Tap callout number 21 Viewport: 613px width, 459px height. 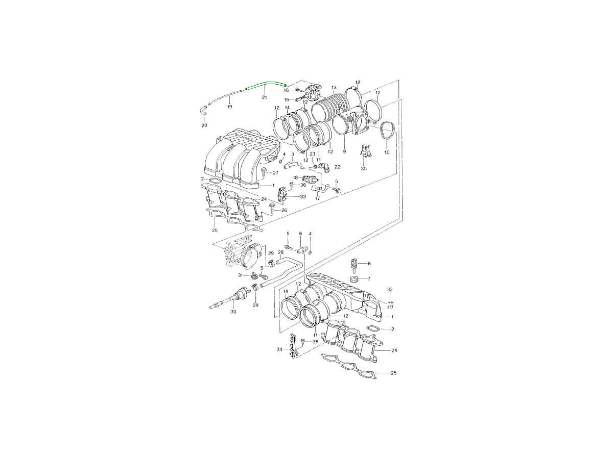coord(264,97)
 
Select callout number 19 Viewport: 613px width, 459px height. coord(229,107)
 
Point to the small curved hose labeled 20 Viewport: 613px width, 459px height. coord(204,111)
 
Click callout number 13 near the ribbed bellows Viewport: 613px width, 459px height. coord(334,88)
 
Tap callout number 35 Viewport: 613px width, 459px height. coord(364,168)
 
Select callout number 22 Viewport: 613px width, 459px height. coord(337,167)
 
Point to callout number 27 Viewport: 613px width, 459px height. coord(275,173)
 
